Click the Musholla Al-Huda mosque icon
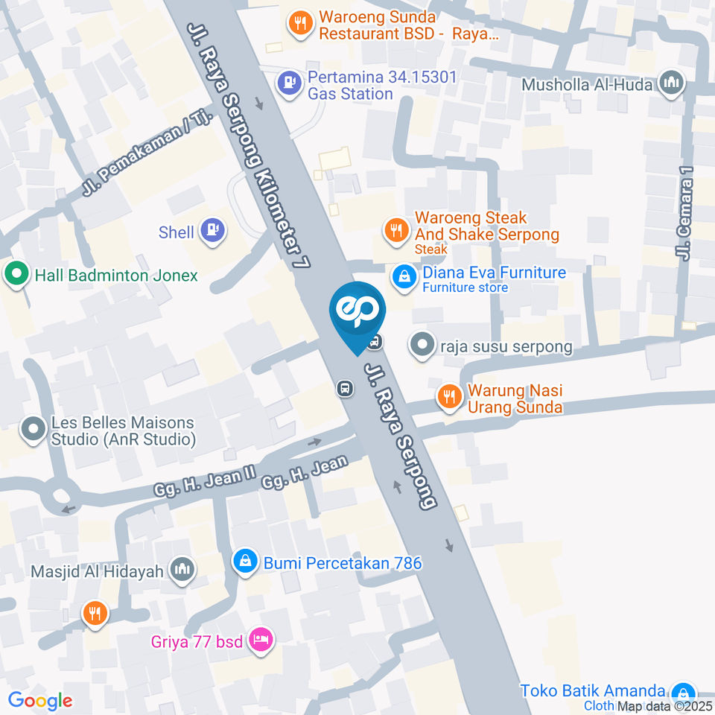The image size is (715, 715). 673,83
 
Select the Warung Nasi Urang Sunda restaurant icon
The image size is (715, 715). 448,398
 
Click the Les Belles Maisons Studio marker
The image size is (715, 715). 33,431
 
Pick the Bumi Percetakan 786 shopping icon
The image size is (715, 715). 245,562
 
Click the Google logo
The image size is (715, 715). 40,700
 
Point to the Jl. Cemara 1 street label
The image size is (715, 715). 685,214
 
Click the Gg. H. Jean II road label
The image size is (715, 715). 200,483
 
